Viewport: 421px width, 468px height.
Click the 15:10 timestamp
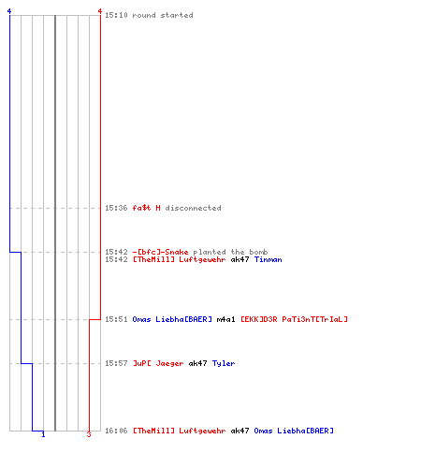[116, 15]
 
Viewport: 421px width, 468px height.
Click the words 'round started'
[163, 15]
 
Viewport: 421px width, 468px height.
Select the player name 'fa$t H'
[147, 208]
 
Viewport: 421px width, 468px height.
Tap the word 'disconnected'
[193, 208]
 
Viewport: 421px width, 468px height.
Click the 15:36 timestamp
[116, 208]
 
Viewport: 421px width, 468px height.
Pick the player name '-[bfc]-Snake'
[161, 252]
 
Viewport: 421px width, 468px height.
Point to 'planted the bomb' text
[230, 252]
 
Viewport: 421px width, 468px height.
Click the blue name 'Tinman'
[268, 259]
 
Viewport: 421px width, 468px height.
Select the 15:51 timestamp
[116, 319]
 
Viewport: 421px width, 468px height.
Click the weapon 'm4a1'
[225, 319]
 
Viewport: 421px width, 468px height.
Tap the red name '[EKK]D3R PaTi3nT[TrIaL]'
[294, 319]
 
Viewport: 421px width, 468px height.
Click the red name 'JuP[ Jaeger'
[158, 363]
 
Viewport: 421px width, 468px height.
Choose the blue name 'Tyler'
[224, 363]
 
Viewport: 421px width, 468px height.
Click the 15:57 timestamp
[116, 363]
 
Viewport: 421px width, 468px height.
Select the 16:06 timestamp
[116, 431]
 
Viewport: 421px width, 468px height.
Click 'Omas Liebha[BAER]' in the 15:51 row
[172, 319]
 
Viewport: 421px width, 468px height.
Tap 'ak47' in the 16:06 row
[240, 431]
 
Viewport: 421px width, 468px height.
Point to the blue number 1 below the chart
[43, 434]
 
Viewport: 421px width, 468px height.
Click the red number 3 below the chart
[89, 434]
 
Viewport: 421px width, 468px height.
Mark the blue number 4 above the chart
[9, 11]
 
